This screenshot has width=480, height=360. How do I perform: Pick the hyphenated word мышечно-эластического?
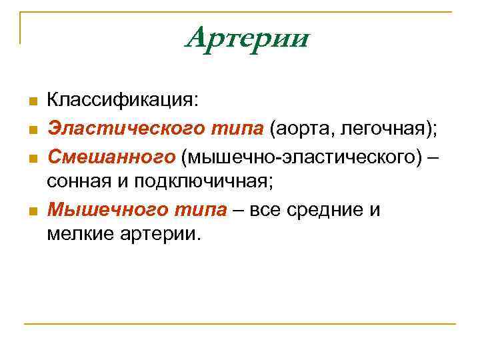(x=302, y=156)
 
